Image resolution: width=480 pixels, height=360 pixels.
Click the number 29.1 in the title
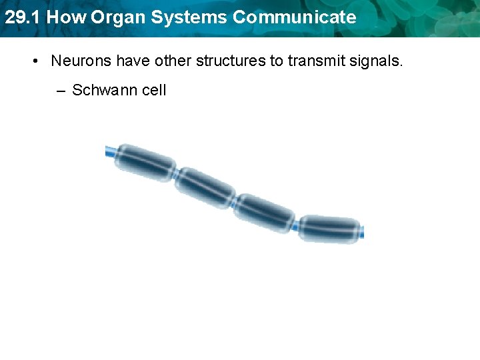point(22,17)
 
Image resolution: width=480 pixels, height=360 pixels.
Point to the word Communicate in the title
point(289,17)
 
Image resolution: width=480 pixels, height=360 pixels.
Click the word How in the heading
point(65,17)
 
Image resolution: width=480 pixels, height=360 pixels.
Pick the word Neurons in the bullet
point(81,61)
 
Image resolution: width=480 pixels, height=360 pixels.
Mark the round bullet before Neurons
point(35,61)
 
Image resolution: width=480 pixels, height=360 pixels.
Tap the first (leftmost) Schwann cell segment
point(144,162)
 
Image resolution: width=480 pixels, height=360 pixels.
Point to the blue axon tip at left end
point(109,152)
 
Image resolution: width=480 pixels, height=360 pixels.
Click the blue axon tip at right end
point(361,233)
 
